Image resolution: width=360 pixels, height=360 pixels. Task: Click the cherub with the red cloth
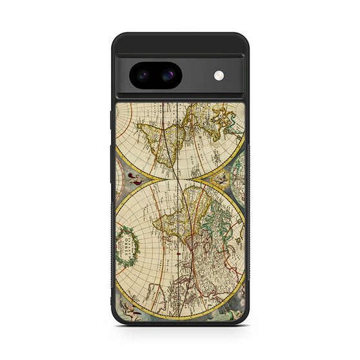click(135, 179)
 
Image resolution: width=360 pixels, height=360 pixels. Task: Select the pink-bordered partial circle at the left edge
click(119, 129)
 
